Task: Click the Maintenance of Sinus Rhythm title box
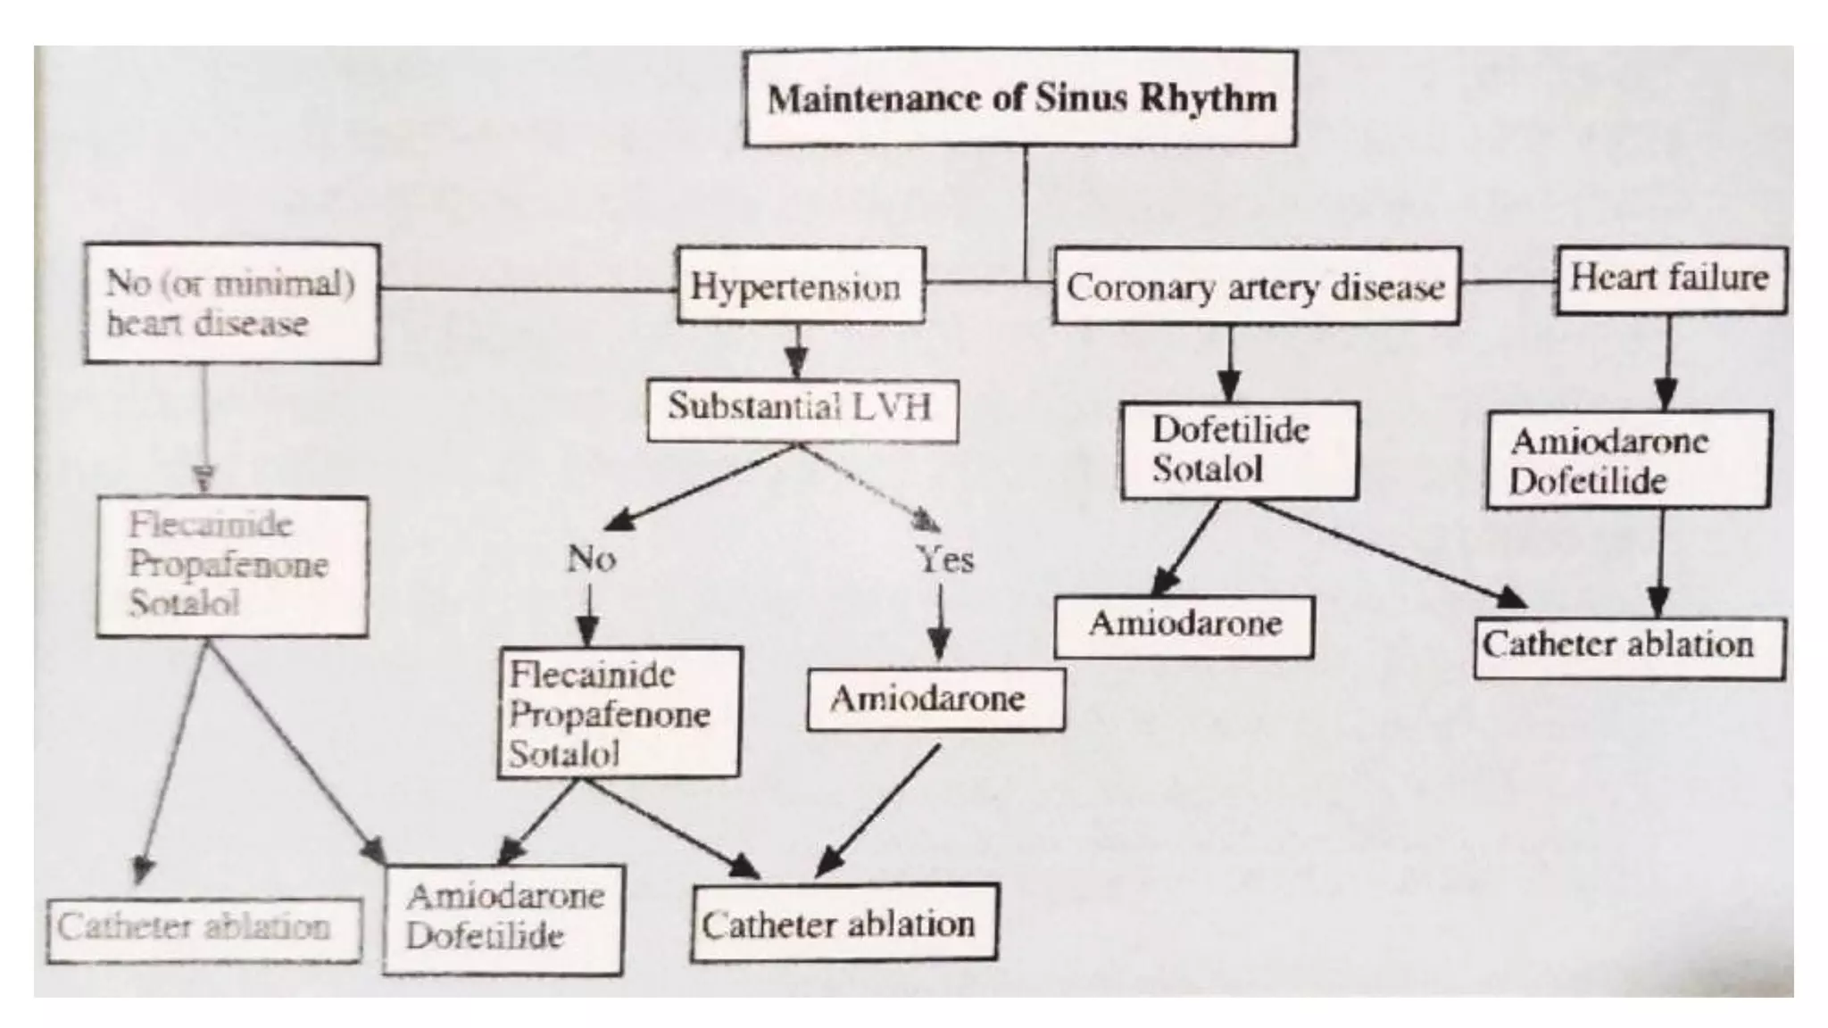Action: (x=1020, y=97)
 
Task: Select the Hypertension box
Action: (x=800, y=286)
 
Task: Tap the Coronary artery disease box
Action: (x=1256, y=286)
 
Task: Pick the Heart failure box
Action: (x=1670, y=279)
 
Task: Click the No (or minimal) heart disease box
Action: (x=231, y=303)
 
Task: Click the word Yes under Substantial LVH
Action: (x=945, y=560)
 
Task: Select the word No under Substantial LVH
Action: (x=591, y=559)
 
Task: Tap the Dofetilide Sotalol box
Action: (x=1240, y=450)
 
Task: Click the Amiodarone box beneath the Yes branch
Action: (x=935, y=699)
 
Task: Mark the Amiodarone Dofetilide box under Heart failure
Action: (x=1627, y=460)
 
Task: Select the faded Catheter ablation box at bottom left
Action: (x=204, y=929)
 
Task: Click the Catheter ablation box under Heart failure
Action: (x=1628, y=647)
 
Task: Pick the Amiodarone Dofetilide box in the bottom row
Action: (x=503, y=918)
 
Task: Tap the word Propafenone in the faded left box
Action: (x=228, y=564)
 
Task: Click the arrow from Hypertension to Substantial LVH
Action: (x=797, y=352)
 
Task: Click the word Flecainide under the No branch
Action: (x=592, y=674)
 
